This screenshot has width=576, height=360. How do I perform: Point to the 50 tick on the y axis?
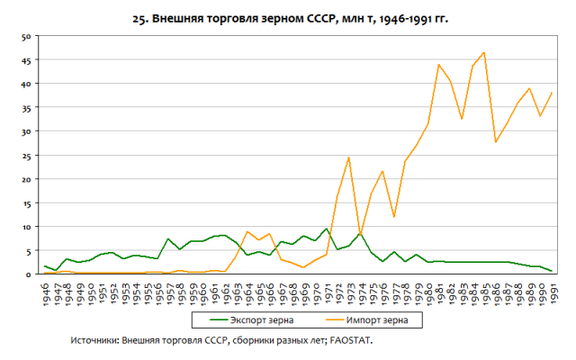27,36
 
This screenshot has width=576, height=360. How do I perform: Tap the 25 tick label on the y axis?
27,155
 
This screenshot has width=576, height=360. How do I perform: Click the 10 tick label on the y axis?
27,227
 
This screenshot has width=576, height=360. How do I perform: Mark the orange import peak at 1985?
483,52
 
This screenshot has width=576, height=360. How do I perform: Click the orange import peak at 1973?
348,157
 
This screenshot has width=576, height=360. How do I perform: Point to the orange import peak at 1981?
438,64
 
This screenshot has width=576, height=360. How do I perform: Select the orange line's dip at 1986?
495,142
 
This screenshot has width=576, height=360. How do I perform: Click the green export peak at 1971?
326,229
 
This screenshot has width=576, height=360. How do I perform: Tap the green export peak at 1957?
168,238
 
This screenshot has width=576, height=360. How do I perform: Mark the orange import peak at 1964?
247,231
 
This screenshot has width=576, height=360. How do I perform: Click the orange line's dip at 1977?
393,217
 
